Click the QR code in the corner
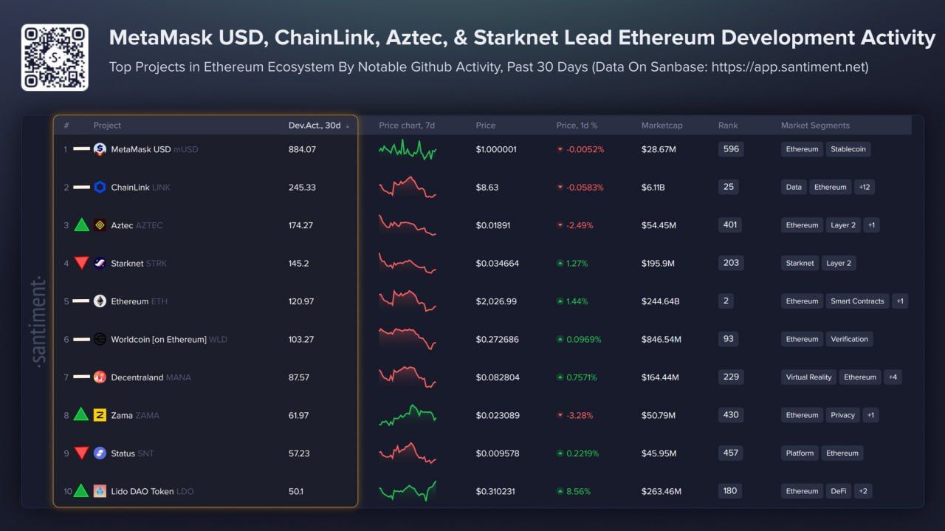[x=55, y=58]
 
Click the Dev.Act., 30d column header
[x=315, y=126]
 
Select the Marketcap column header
[x=661, y=126]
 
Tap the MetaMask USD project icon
[x=100, y=149]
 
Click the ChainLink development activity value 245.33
[x=302, y=188]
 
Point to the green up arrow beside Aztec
[x=81, y=225]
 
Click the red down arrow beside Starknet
[x=81, y=263]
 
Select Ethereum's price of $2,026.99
[x=496, y=301]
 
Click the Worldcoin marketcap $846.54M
[x=661, y=340]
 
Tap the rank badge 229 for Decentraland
[x=731, y=377]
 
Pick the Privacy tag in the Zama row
[x=842, y=415]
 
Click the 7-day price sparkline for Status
[x=408, y=453]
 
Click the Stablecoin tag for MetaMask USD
[x=848, y=149]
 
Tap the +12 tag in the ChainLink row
[x=864, y=188]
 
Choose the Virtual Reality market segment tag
[x=808, y=377]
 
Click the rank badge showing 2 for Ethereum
[x=727, y=301]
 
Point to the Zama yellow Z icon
[x=100, y=415]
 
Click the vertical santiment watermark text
[x=39, y=321]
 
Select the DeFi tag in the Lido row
[x=838, y=491]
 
